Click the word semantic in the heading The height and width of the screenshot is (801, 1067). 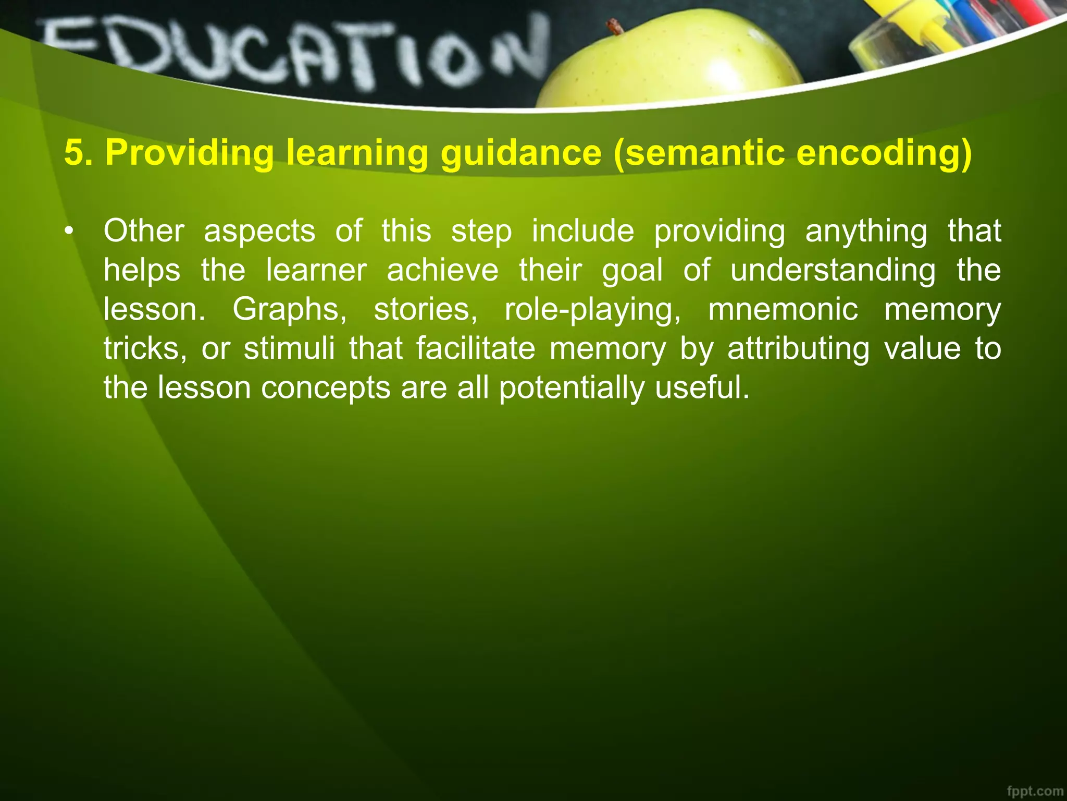coord(704,153)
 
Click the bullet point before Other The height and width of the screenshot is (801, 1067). coord(68,231)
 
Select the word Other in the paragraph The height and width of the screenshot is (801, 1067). coord(144,231)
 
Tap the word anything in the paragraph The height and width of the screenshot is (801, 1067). coord(866,231)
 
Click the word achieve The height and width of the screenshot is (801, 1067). coord(442,270)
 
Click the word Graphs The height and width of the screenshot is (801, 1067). coord(289,309)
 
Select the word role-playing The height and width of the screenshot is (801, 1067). coord(592,309)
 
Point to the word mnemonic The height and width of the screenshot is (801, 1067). coord(783,309)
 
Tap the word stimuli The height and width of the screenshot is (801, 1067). coord(289,348)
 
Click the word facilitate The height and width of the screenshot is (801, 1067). coord(475,348)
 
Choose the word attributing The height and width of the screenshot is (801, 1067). coord(798,348)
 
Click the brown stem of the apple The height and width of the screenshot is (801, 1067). coord(615,26)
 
